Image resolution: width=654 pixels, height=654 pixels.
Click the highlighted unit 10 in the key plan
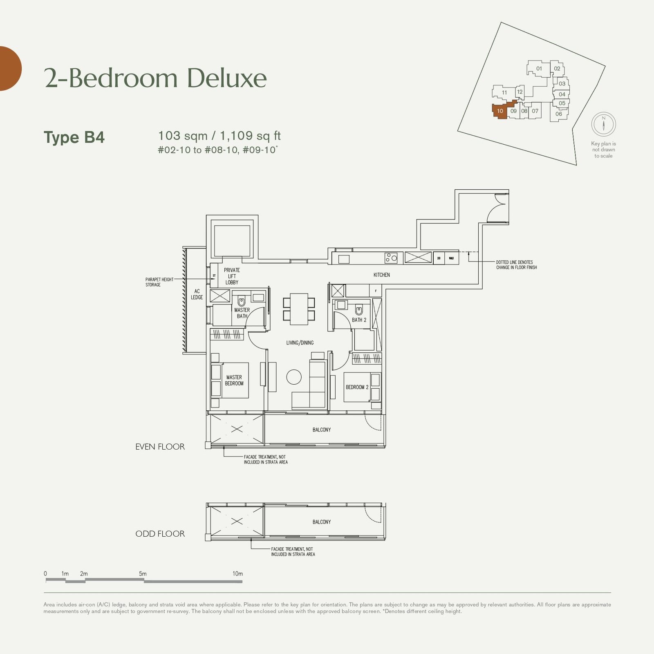(499, 111)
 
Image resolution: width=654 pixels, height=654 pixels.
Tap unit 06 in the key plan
(558, 114)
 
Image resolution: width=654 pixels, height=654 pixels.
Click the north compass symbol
(603, 124)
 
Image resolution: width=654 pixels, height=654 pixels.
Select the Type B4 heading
(74, 137)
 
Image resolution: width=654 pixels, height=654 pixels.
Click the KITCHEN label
(381, 275)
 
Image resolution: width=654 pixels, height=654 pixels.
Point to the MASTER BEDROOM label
(234, 381)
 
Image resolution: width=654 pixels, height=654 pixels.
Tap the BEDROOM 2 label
(357, 387)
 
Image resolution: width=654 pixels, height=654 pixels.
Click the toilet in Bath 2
(359, 310)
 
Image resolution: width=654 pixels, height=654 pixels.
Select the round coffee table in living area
(293, 377)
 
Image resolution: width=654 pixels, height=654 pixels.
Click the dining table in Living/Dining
(299, 309)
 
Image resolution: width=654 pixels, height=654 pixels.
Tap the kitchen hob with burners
(391, 258)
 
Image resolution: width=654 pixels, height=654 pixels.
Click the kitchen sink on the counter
(344, 259)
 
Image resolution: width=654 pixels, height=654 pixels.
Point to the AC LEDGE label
(197, 294)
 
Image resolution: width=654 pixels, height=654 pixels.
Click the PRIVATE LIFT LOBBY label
(232, 276)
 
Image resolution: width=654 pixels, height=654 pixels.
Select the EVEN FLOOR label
(160, 447)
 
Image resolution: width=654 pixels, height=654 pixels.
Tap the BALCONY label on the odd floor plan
(322, 522)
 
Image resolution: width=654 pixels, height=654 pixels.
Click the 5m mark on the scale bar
(143, 574)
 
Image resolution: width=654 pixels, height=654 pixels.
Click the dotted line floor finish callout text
(516, 265)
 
